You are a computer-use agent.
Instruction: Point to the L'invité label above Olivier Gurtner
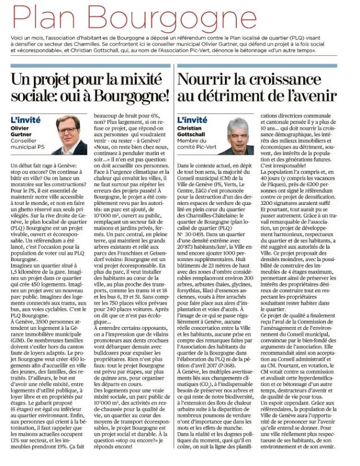[26, 120]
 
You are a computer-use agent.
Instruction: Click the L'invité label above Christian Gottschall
[192, 120]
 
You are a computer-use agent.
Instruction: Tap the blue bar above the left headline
[91, 66]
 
